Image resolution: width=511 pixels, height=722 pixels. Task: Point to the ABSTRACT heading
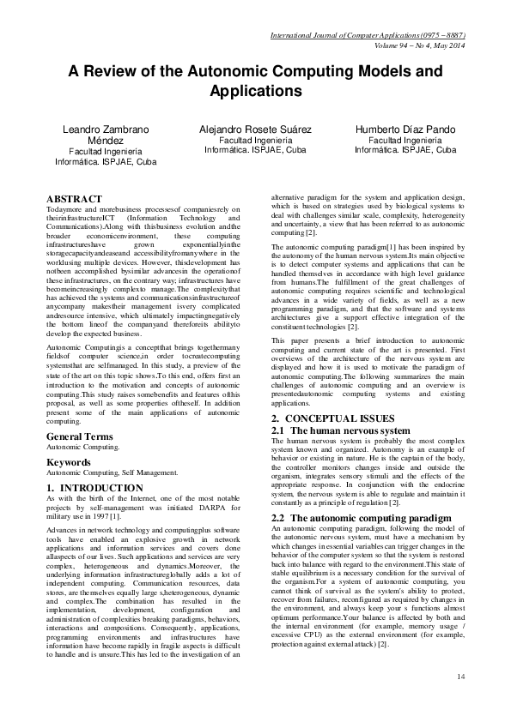pos(74,198)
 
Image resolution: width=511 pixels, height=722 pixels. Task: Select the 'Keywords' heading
pos(70,461)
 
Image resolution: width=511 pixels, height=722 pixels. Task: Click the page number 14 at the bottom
pos(460,677)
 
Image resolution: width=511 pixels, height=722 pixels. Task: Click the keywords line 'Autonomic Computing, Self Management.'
pos(112,472)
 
